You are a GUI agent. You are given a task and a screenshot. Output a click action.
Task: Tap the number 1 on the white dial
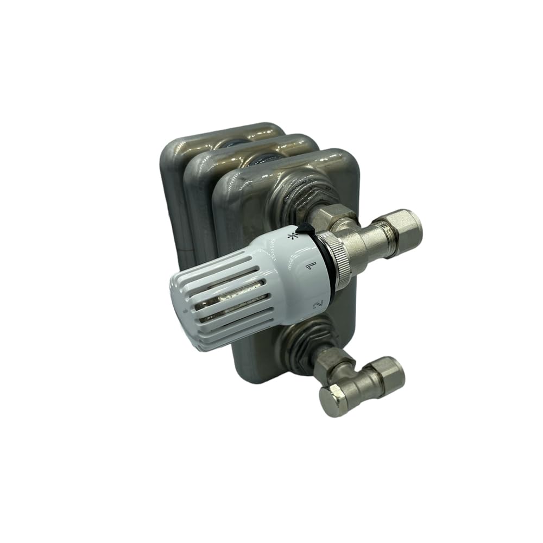click(311, 266)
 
